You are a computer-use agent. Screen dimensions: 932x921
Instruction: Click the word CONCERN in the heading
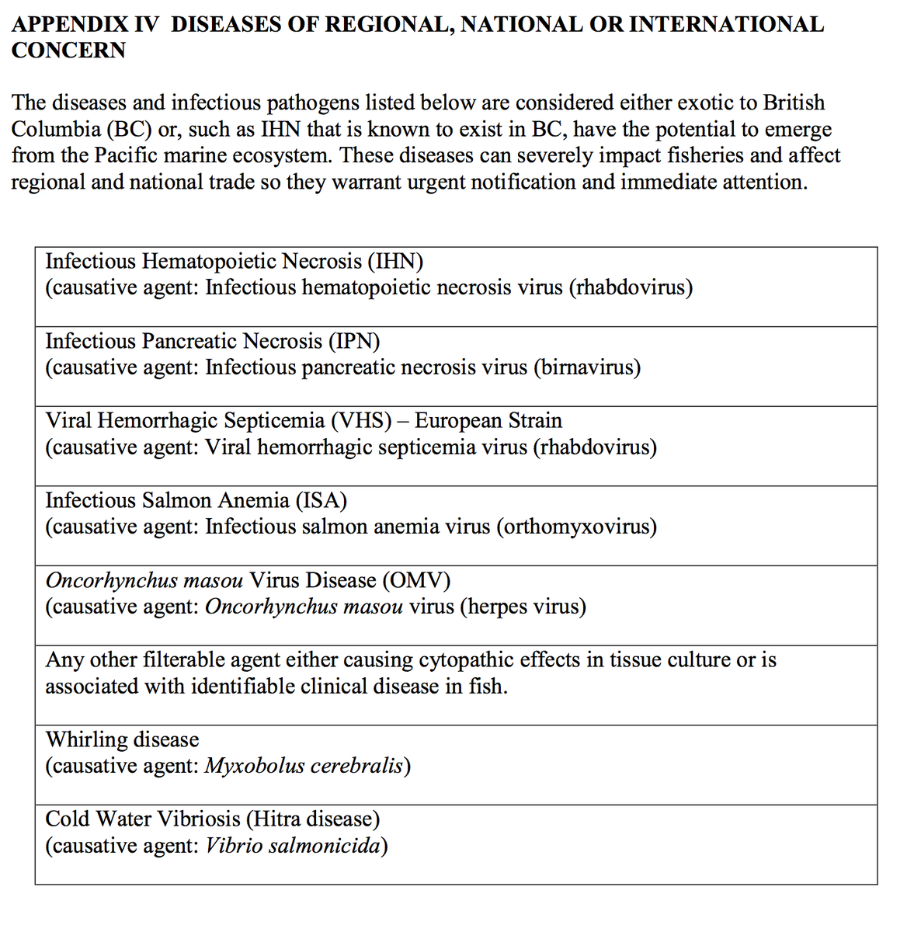(68, 50)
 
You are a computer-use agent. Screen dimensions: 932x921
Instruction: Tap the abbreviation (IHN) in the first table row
(395, 261)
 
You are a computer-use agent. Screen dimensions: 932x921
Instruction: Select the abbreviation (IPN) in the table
(354, 341)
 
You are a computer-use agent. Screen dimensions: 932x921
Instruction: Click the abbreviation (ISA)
(321, 500)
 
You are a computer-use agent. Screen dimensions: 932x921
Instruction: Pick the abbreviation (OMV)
(415, 580)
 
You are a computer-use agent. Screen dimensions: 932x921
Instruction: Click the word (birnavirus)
(586, 367)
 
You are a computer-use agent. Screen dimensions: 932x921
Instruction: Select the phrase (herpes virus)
(523, 607)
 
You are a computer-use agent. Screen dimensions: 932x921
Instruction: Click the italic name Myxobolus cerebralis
(304, 766)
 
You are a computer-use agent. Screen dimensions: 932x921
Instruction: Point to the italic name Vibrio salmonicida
(293, 845)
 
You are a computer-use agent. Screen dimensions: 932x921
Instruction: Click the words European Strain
(488, 421)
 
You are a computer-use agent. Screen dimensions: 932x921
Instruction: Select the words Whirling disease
(122, 739)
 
